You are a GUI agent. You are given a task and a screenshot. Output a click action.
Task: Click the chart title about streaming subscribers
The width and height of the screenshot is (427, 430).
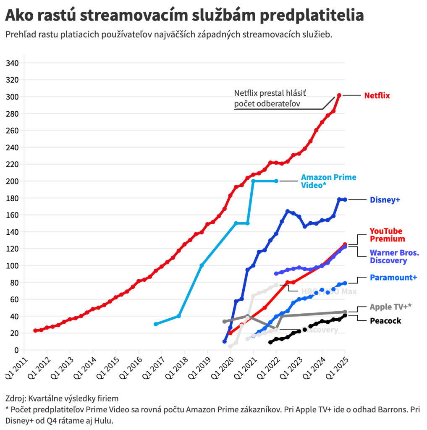184,16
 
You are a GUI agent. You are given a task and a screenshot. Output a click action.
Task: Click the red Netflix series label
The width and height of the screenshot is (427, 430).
377,96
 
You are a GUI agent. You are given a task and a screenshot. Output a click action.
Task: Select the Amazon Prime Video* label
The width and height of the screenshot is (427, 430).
328,181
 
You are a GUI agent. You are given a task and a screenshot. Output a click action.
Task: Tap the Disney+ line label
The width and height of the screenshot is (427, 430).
385,200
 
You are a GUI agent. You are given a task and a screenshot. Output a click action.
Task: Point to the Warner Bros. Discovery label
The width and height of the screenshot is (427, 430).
394,257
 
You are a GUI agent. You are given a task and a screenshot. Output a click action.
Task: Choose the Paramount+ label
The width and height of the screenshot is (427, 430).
393,278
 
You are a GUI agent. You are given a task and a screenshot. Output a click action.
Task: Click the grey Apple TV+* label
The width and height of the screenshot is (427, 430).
390,307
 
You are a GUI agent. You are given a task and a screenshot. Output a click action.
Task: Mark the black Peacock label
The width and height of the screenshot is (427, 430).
385,321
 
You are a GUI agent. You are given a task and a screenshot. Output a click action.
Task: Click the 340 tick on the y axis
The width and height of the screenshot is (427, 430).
13,63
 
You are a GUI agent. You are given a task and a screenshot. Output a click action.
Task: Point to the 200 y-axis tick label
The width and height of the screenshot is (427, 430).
13,181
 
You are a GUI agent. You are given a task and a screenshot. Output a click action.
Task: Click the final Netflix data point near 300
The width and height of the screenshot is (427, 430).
339,95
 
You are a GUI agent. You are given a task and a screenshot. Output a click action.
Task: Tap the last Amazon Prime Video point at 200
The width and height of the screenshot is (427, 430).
276,181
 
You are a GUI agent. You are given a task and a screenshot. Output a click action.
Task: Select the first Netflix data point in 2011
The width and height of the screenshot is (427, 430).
35,330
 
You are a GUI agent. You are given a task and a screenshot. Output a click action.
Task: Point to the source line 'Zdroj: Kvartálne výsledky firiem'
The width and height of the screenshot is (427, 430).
62,398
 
